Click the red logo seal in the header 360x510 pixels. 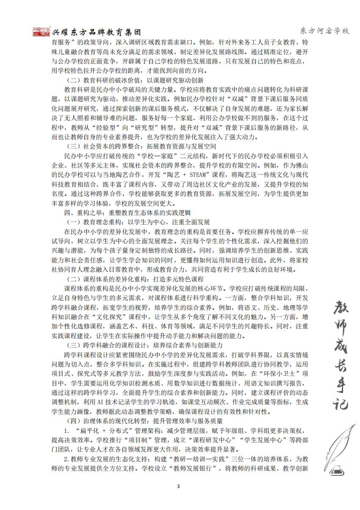[41, 32]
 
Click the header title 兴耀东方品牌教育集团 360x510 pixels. [97, 33]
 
